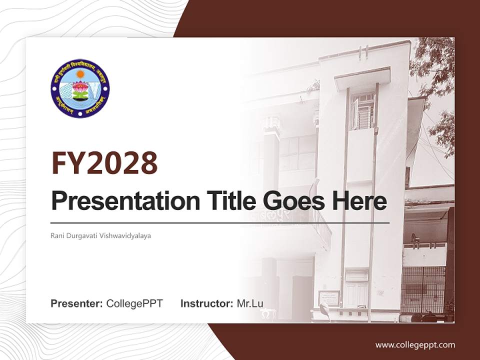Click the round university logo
(80, 88)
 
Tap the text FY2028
(104, 163)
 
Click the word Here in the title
(359, 201)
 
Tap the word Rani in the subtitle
(57, 235)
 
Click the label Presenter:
(77, 303)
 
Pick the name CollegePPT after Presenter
(134, 303)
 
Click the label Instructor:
(206, 303)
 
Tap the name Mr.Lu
(250, 303)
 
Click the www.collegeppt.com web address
(415, 345)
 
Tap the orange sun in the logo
(80, 74)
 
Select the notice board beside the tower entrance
(329, 298)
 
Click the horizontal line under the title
(220, 222)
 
